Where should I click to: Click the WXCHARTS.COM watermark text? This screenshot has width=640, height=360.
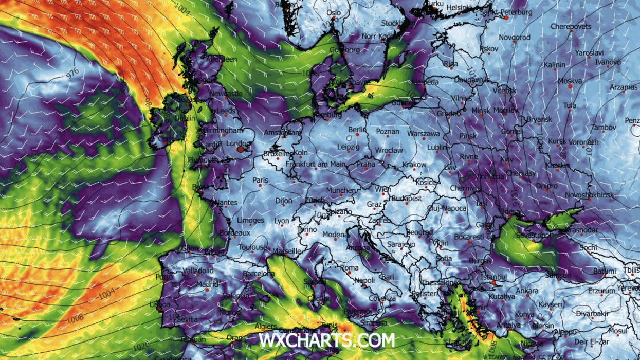click(327, 340)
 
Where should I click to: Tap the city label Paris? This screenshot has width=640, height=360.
click(261, 181)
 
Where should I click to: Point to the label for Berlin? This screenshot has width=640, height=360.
click(357, 130)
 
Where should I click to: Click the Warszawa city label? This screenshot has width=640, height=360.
click(423, 134)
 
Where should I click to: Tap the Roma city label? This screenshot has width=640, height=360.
click(350, 268)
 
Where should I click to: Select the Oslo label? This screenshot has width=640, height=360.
click(334, 13)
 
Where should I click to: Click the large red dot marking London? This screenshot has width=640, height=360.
click(240, 150)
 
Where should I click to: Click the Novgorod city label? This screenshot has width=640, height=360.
click(515, 38)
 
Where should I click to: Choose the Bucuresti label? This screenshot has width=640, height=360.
click(469, 237)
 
